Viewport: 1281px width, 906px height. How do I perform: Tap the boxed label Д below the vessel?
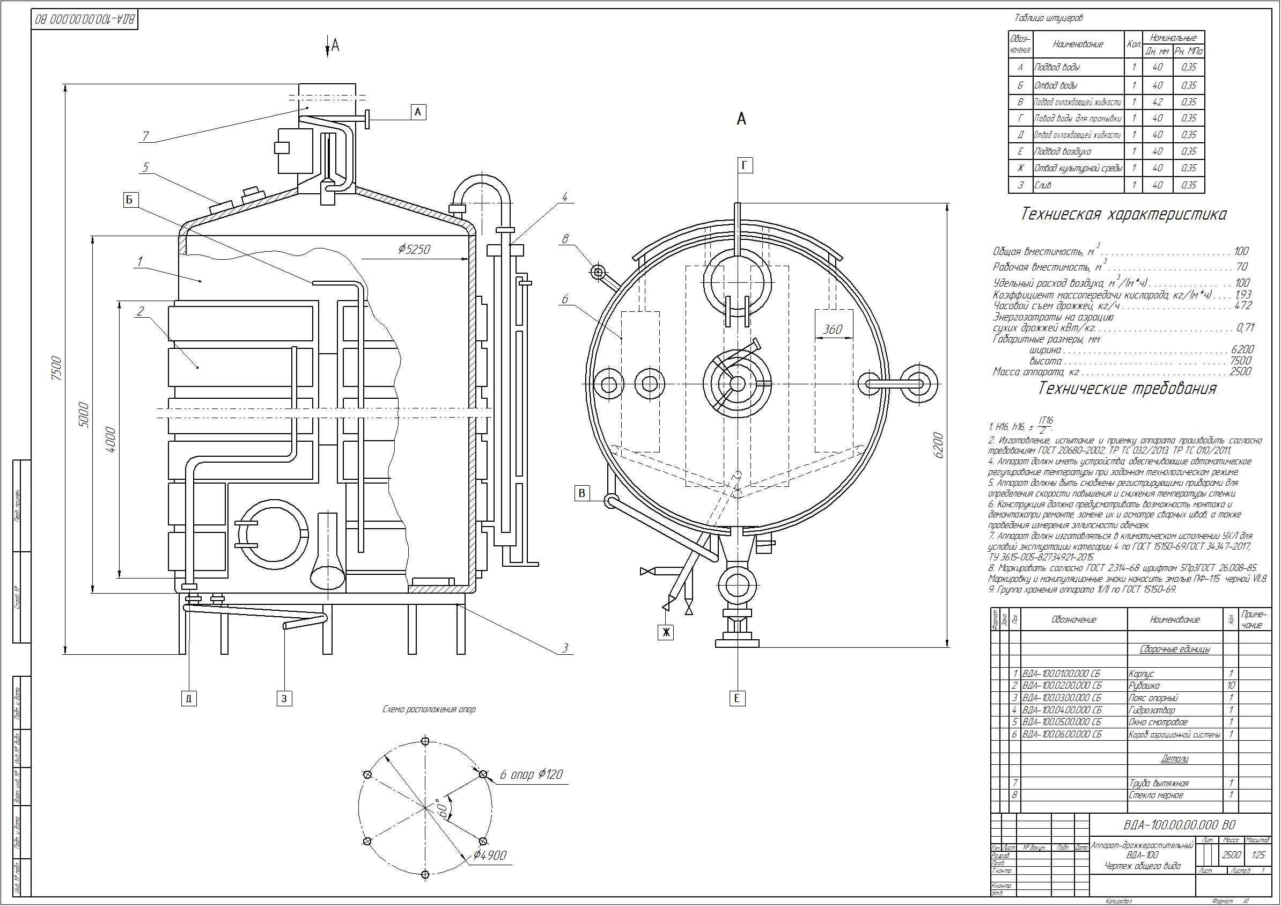click(x=189, y=698)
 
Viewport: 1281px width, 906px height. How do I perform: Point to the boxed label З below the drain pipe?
click(x=284, y=698)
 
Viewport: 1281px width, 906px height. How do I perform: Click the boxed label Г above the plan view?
click(x=746, y=166)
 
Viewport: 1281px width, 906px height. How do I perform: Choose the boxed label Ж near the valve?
click(x=665, y=632)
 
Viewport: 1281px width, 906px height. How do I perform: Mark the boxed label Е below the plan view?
click(x=737, y=698)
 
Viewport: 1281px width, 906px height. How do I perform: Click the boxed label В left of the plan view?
click(x=582, y=493)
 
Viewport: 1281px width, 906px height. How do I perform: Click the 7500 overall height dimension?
click(x=55, y=368)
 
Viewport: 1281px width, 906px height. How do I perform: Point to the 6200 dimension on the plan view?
click(x=938, y=445)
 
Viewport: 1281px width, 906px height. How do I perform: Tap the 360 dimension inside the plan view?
click(x=832, y=330)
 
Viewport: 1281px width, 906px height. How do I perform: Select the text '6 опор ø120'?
click(x=531, y=775)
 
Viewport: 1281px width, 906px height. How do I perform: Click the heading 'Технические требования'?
click(x=1127, y=389)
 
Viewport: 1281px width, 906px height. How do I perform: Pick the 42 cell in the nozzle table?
click(x=1157, y=102)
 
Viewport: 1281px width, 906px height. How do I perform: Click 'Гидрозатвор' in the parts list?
click(x=1152, y=711)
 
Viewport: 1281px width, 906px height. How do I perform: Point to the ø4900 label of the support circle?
click(x=490, y=856)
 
